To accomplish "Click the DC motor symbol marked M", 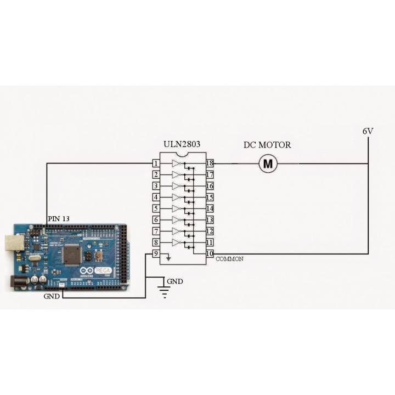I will [268, 163].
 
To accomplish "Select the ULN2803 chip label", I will [182, 145].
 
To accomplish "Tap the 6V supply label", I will [368, 132].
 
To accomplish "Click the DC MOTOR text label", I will [267, 145].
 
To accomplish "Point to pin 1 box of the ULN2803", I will [156, 163].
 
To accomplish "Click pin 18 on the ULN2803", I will [210, 163].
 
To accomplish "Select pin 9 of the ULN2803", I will [156, 253].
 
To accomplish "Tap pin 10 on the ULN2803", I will [210, 253].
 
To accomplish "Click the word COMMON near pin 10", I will [230, 258].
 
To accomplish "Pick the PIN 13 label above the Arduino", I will [59, 218].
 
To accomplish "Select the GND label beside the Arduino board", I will [52, 296].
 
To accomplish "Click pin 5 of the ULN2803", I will [156, 208].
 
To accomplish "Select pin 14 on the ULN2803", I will [210, 208].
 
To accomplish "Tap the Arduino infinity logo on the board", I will [87, 271].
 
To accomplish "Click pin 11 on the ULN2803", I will [210, 242].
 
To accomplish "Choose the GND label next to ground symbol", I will [175, 282].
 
